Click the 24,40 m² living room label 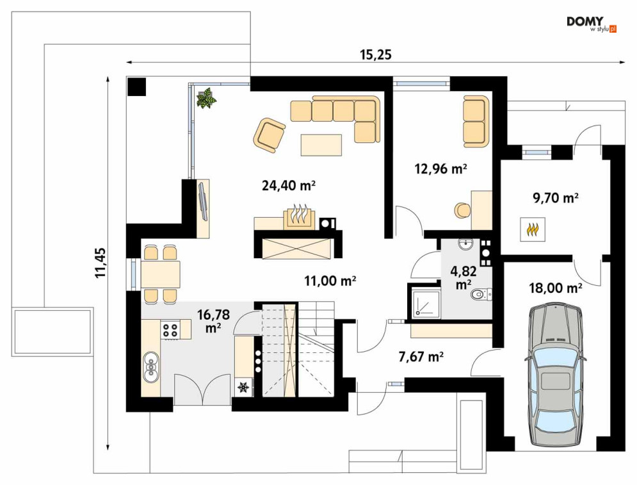point(289,185)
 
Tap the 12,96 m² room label point(440,168)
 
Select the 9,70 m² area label point(555,198)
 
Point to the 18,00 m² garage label point(555,288)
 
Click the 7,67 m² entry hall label point(421,356)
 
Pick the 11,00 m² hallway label point(330,281)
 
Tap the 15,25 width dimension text point(376,54)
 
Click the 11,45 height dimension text point(101,263)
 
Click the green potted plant point(206,97)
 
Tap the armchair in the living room point(269,135)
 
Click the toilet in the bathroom point(481,293)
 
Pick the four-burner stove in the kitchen point(170,330)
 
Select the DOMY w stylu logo point(592,24)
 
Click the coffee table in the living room point(321,145)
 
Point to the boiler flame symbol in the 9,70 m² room point(533,230)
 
